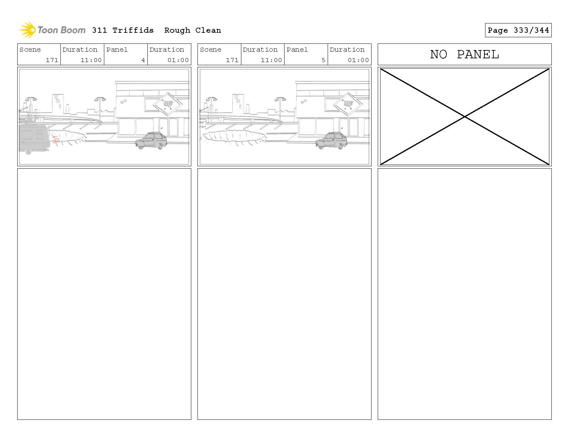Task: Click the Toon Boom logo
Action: coord(52,30)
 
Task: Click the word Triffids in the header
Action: coord(133,30)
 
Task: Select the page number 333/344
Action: coord(531,30)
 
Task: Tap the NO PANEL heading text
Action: coord(464,54)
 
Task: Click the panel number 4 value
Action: coord(143,60)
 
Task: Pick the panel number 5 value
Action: coord(323,60)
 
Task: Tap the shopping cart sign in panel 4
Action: coord(167,103)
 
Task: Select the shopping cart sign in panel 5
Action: coord(348,103)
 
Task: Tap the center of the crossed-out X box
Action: coord(464,117)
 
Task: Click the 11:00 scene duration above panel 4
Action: coord(91,60)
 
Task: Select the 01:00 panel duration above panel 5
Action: coord(358,60)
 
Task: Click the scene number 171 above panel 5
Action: coord(232,60)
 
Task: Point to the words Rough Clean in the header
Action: coord(192,30)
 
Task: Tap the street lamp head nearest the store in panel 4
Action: coord(100,99)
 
